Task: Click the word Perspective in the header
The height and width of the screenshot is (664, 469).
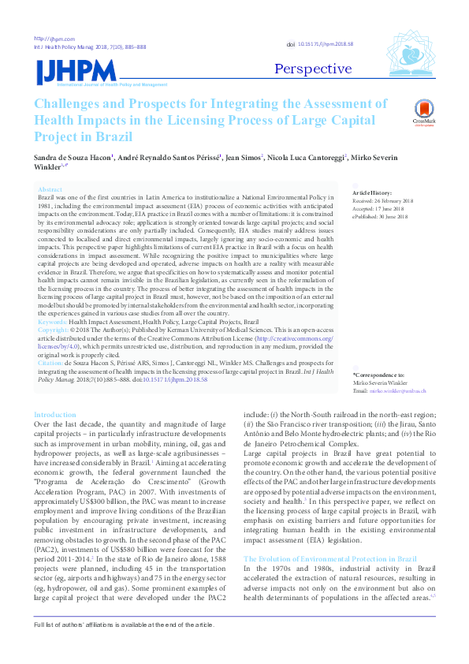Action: pos(313,69)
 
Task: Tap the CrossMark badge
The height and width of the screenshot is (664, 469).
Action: pos(422,112)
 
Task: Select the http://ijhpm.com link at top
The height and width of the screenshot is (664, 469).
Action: pos(54,39)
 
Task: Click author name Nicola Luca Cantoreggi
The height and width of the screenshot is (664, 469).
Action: pos(308,158)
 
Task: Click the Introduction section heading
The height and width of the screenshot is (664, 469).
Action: pos(55,414)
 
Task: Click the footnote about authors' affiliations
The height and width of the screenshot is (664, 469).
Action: pos(123,647)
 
